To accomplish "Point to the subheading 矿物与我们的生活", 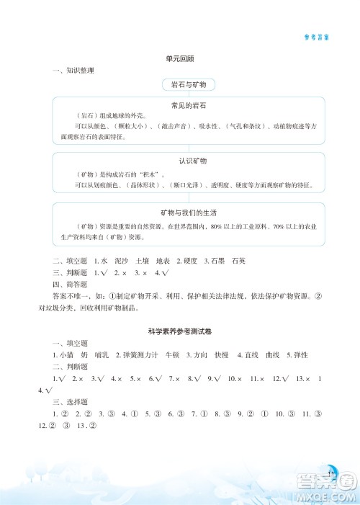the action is pos(189,213).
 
